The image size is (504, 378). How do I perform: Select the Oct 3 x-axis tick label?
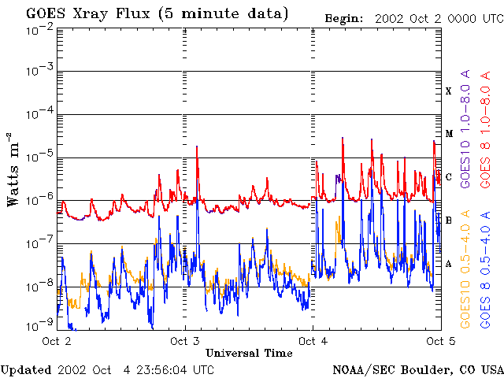[184, 341]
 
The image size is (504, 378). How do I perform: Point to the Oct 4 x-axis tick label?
[313, 341]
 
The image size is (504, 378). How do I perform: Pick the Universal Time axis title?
[248, 353]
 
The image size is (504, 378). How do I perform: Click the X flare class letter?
[449, 91]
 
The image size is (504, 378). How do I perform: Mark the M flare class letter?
[449, 134]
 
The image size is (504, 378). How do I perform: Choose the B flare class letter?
[449, 220]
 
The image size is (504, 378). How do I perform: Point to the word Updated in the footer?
[26, 369]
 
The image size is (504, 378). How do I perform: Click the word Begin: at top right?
[343, 17]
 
